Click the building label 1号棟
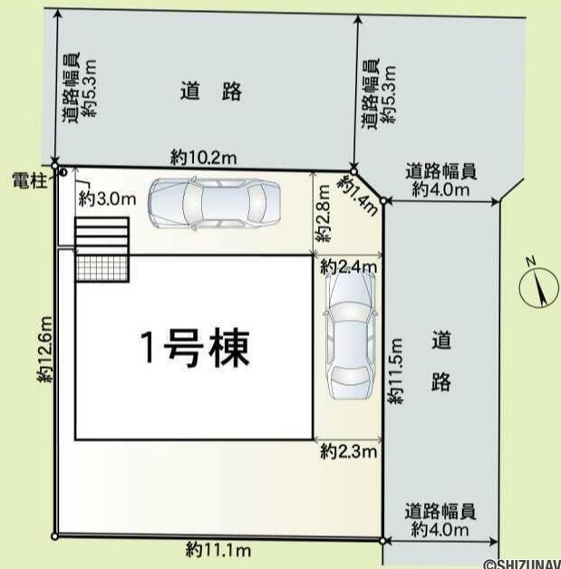coord(195,348)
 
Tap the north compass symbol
coord(538,287)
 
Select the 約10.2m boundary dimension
coord(204,158)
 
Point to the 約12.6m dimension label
coord(47,349)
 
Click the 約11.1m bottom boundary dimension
coord(218,551)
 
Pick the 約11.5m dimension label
coord(395,371)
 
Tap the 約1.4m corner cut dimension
coord(358,195)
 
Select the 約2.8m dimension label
coord(323,214)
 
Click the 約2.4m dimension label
coord(349,267)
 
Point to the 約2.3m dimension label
coord(349,451)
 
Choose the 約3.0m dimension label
coord(108,198)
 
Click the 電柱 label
coord(30,180)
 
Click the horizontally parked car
coord(214,202)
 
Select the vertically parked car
coord(350,335)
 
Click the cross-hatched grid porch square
coord(102,268)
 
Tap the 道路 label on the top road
coord(211,91)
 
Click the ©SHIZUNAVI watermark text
coord(522,564)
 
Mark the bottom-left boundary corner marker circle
coord(54,536)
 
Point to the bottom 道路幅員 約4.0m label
coord(440,520)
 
